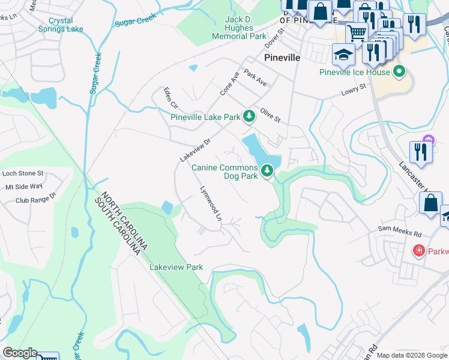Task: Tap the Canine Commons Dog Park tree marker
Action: coord(267,172)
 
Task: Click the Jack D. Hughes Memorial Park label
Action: coord(238,28)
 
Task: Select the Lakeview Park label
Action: coord(176,267)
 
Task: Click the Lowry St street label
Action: coord(354,91)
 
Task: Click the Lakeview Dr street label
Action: coord(196,150)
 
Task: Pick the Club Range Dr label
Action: coord(35,196)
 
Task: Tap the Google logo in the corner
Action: coord(19,353)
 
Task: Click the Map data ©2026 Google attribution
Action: coord(411,355)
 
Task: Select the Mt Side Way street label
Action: coord(24,187)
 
